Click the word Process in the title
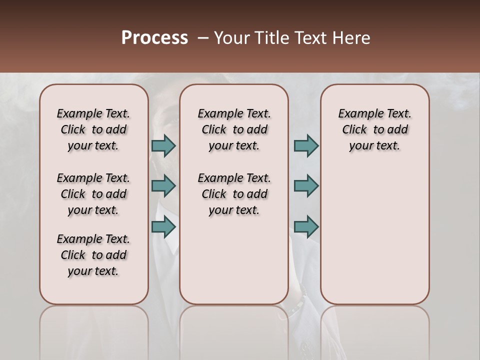tap(154, 38)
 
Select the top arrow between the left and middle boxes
tap(163, 145)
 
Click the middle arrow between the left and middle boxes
tap(163, 186)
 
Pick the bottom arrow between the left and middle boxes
tap(163, 226)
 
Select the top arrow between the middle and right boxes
tap(306, 145)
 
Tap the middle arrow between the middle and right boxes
tap(306, 186)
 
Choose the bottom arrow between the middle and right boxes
tap(306, 226)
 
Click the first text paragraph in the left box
tap(93, 129)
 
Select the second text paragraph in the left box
tap(93, 194)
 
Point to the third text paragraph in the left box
tap(93, 255)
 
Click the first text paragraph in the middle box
tap(234, 129)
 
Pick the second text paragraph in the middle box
tap(234, 194)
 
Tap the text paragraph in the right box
tap(374, 129)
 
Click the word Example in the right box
tap(356, 114)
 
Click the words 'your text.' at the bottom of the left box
tap(93, 271)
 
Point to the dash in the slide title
tap(203, 38)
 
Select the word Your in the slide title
tap(231, 38)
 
